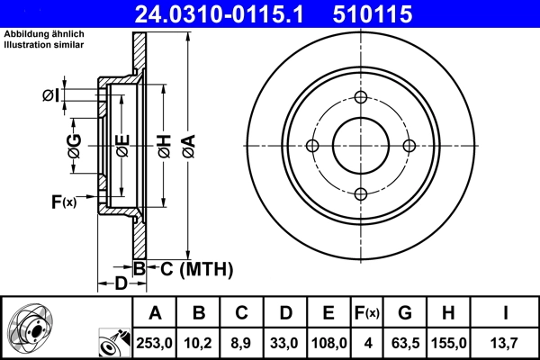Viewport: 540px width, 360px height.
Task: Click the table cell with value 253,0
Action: point(154,341)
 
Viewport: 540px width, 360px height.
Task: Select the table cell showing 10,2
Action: point(198,341)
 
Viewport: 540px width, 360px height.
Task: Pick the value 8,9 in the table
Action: point(241,341)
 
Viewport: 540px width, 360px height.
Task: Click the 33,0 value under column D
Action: point(284,341)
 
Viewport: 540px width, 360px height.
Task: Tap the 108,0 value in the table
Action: point(328,341)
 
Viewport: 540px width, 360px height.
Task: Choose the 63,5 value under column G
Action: point(404,341)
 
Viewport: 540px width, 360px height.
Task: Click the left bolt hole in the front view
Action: point(313,146)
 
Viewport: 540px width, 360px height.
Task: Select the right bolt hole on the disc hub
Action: point(408,146)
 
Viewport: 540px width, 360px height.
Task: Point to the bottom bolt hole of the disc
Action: point(360,193)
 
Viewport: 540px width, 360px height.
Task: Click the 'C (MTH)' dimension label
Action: point(191,268)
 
